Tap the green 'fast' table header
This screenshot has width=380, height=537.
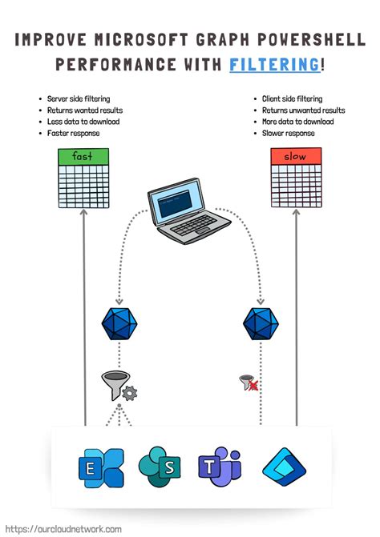pos(84,156)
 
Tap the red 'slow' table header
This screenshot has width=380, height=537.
pos(297,156)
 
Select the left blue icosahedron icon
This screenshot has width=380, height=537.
pos(119,324)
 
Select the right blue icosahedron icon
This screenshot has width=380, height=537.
pos(260,324)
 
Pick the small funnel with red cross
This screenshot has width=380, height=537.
pos(249,383)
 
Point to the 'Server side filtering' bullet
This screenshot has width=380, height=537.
pos(79,98)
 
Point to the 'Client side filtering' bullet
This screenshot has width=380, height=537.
pos(292,98)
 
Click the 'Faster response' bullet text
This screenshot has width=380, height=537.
pos(74,133)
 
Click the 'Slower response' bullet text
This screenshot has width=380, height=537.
pos(288,133)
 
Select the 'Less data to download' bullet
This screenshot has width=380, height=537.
pos(83,122)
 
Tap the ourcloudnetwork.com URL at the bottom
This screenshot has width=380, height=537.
pos(64,529)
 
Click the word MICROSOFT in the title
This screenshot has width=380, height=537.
pos(131,38)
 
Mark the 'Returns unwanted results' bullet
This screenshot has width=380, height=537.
pos(303,110)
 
